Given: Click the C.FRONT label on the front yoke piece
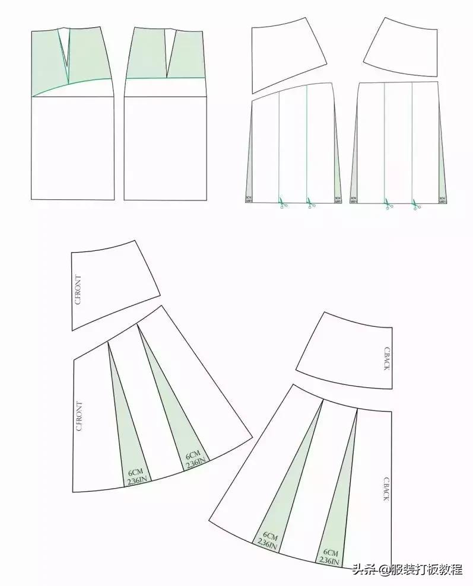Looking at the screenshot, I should pos(79,289).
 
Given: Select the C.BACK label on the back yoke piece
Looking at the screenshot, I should pos(386,359).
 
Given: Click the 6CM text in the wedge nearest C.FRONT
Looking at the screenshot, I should pos(135,473).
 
